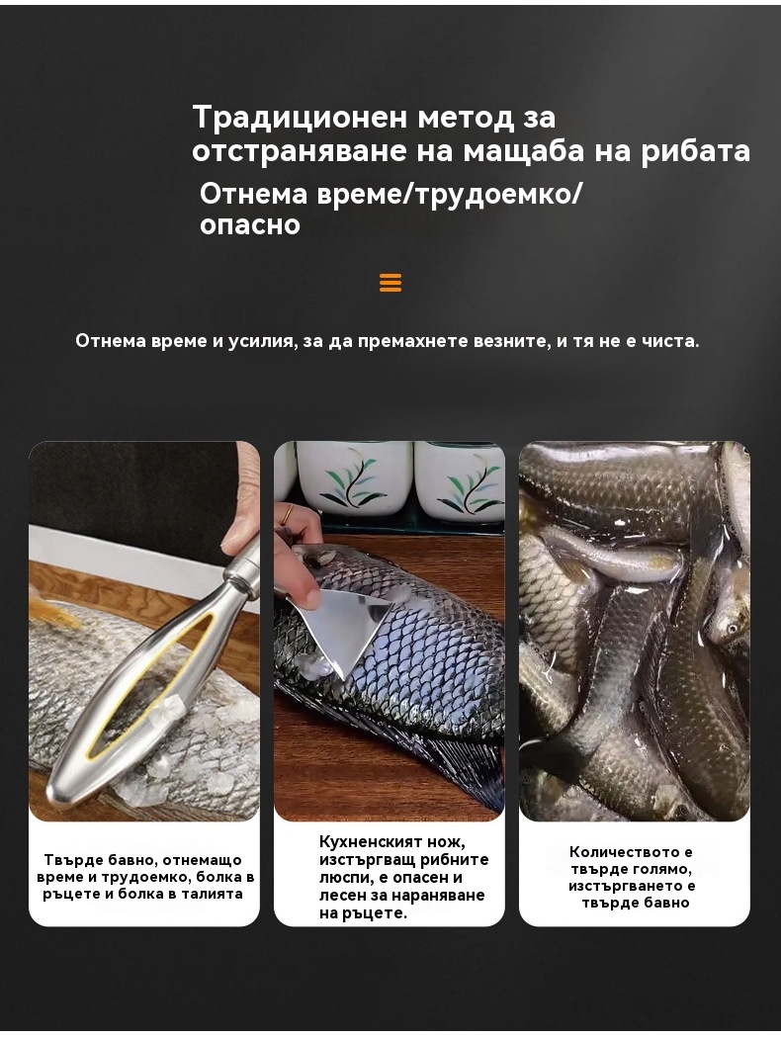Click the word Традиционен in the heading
coord(300,118)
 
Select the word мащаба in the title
coord(524,151)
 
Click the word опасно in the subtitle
coord(250,224)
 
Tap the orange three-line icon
coord(390,283)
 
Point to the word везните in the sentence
coord(511,341)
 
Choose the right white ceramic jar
coord(460,477)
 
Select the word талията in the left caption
coord(211,895)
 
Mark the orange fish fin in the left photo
coord(53,611)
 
